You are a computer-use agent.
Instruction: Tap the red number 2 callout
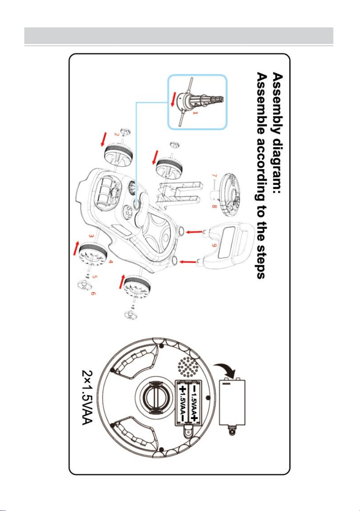point(117,134)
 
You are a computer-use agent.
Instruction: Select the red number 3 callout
point(91,236)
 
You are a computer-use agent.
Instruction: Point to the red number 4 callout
point(110,262)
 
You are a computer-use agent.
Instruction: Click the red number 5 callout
point(95,277)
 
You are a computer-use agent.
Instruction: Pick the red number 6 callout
point(93,294)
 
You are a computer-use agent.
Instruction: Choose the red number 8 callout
point(214,206)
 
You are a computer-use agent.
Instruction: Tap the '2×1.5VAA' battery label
point(88,398)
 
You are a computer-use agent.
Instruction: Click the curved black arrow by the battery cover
point(225,369)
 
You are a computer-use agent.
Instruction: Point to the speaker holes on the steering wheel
point(188,367)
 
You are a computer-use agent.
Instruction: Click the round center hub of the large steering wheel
point(155,398)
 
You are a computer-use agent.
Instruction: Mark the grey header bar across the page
point(179,36)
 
